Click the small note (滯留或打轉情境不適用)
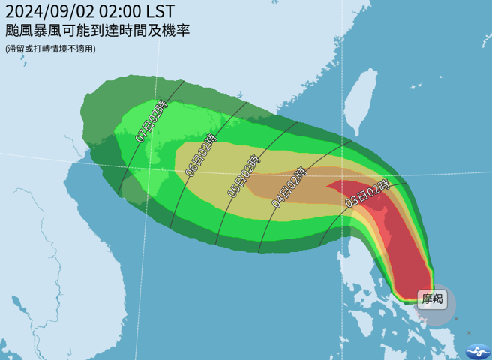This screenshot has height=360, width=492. pos(50,49)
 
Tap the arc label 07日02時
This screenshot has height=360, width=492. pos(151,122)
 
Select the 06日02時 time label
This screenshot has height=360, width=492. pos(201,155)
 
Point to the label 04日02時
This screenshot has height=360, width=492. pos(289,187)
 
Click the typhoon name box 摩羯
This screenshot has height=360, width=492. pos(432,299)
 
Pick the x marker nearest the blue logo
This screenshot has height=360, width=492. pos(469,332)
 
